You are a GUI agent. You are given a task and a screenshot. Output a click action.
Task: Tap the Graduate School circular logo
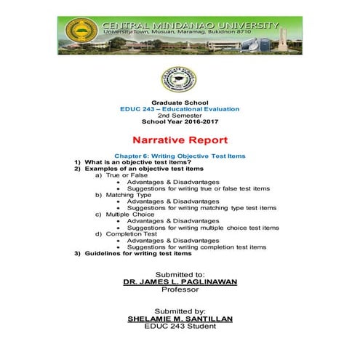(x=179, y=79)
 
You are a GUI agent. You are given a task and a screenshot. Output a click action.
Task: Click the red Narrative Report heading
(x=180, y=140)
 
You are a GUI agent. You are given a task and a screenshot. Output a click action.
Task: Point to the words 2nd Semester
(x=179, y=115)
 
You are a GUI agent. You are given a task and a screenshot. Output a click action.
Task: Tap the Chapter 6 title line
(x=180, y=156)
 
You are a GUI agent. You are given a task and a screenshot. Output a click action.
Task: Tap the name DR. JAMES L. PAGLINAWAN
(x=179, y=281)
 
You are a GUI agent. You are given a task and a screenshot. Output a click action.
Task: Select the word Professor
(x=179, y=289)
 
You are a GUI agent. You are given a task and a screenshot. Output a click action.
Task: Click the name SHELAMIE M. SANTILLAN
(x=179, y=319)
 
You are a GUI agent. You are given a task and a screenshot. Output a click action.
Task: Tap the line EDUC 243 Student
(x=179, y=327)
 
